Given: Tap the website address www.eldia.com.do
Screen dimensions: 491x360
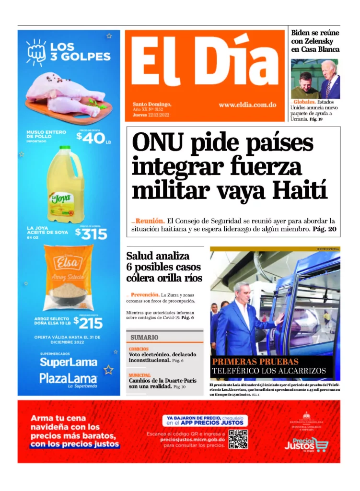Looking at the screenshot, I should (x=247, y=105).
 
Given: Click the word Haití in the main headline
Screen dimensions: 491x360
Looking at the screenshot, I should (x=301, y=190).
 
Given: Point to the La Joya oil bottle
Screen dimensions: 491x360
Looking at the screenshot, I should (x=65, y=185).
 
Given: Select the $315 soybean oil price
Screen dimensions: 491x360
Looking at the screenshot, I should (x=91, y=234).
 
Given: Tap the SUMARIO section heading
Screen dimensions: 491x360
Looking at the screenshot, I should (x=144, y=337).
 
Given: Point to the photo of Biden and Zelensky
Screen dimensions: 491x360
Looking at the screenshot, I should (x=315, y=79).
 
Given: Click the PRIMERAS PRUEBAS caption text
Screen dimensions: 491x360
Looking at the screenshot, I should (x=255, y=362).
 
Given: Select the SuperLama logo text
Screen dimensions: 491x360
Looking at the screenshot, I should (x=69, y=362).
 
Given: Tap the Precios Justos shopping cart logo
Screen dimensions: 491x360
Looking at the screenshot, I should (x=313, y=444).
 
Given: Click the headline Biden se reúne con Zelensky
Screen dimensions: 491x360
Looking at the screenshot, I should (x=315, y=41).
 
